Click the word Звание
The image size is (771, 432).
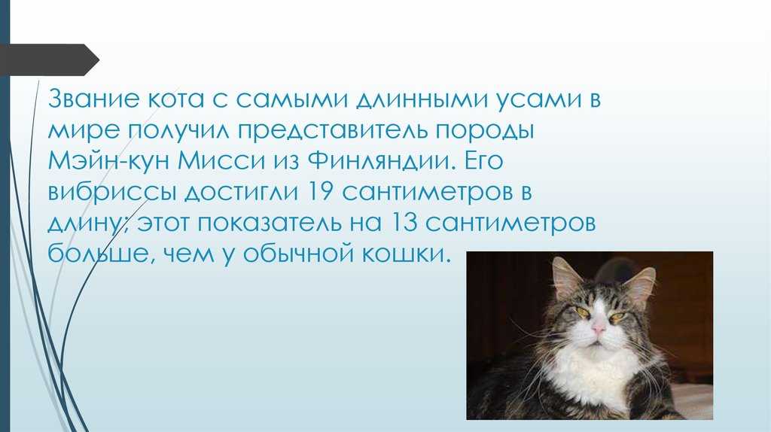tap(94, 99)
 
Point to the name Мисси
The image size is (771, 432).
tap(221, 161)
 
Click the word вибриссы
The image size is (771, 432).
tap(112, 193)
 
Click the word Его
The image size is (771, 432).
tap(484, 161)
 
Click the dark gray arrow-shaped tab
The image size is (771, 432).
tap(49, 60)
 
